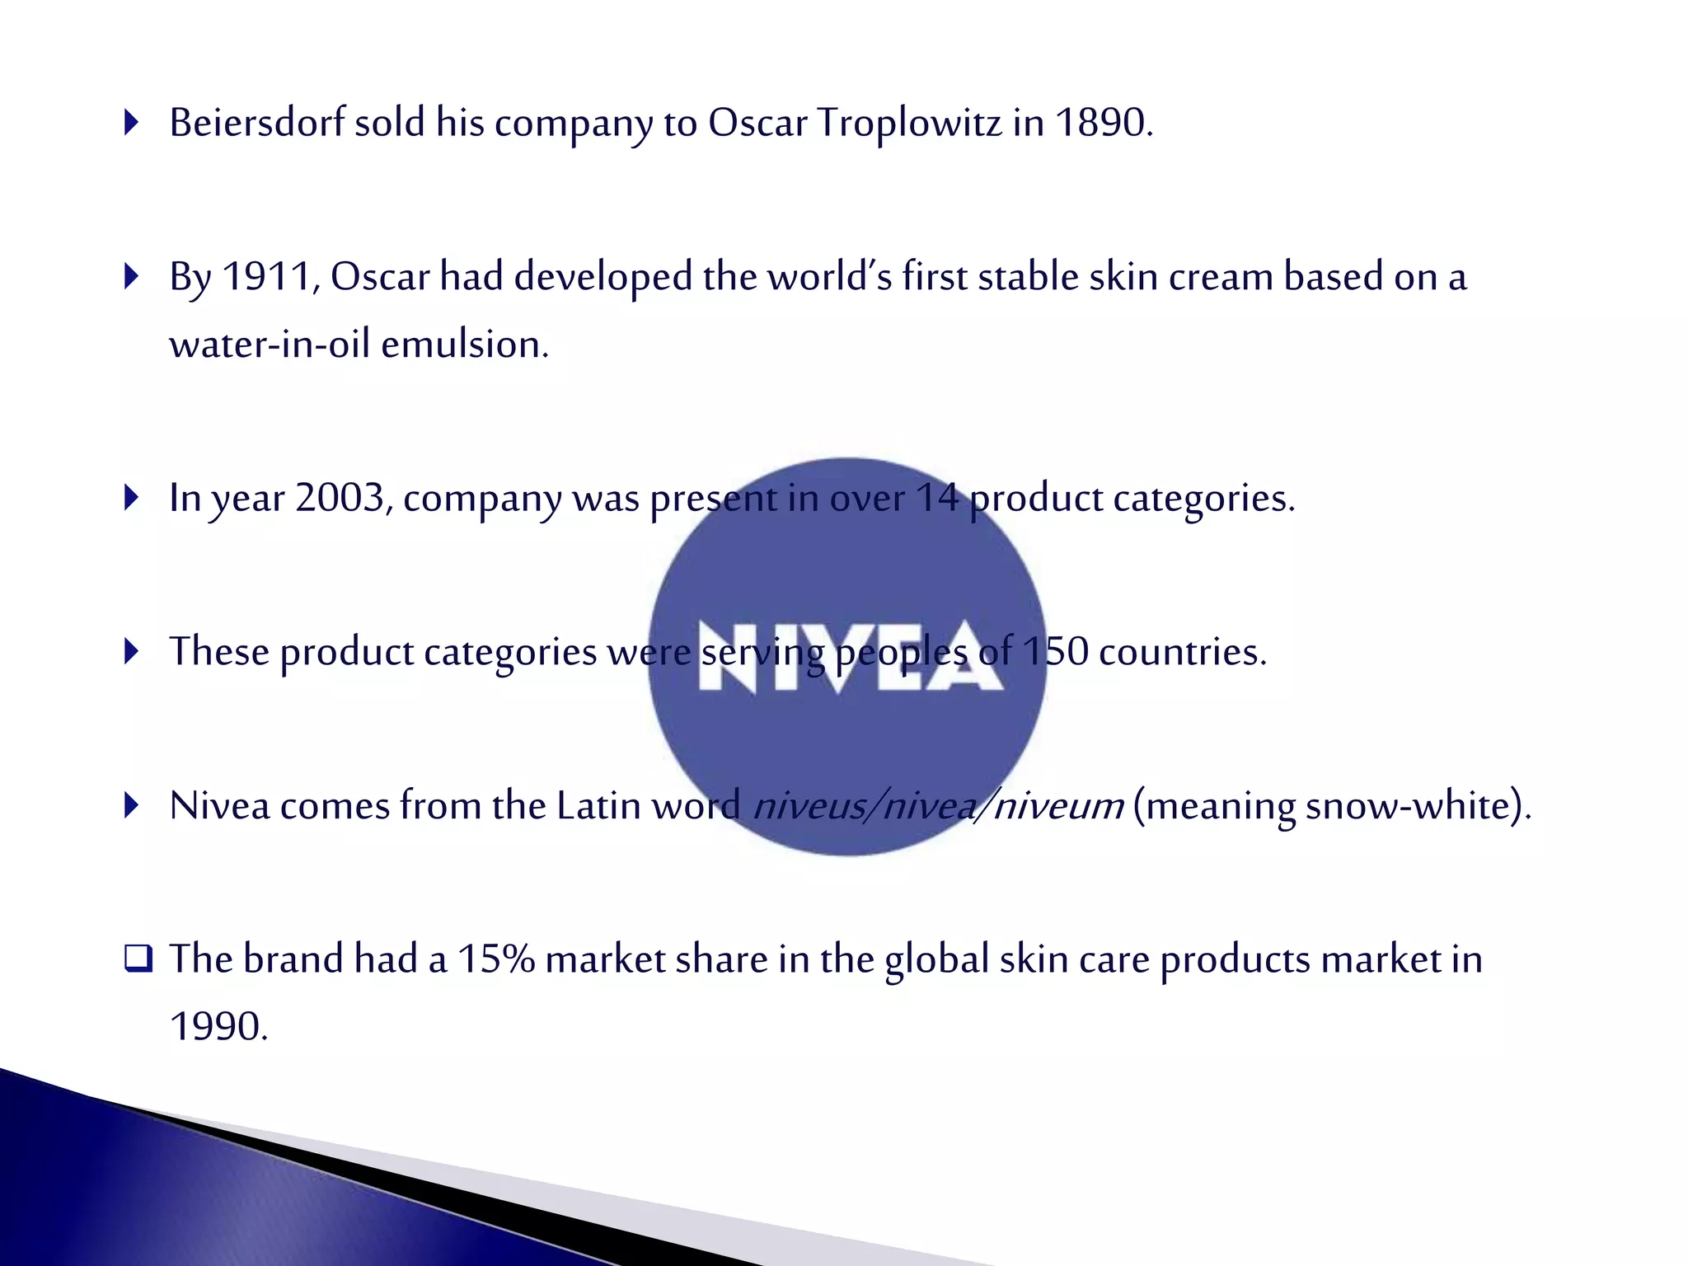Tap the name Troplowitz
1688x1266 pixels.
(x=909, y=123)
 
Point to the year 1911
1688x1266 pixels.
(x=265, y=277)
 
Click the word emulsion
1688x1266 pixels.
(x=464, y=345)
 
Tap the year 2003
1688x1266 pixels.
(x=341, y=498)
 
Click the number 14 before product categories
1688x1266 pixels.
(x=937, y=498)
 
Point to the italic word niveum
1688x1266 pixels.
(x=1058, y=806)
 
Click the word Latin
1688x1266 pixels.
(x=598, y=806)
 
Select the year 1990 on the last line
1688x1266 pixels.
(x=218, y=1027)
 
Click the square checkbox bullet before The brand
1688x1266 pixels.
(x=138, y=959)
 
